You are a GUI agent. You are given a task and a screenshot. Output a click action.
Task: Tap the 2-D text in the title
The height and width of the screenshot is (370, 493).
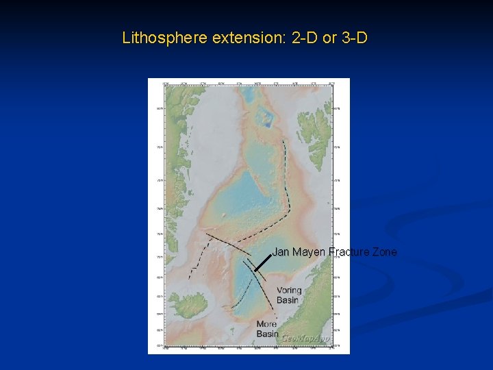305,38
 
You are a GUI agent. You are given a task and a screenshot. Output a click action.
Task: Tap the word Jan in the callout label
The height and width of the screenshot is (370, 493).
281,252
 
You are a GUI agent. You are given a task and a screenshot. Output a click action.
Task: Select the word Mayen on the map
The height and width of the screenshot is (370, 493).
308,252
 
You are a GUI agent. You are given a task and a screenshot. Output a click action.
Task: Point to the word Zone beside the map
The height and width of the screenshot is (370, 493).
383,252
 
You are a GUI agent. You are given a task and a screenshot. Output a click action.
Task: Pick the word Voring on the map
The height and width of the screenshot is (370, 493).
289,291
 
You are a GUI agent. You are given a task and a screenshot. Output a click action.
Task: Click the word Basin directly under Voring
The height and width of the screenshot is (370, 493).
288,299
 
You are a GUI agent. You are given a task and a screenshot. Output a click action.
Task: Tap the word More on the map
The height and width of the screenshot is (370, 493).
267,324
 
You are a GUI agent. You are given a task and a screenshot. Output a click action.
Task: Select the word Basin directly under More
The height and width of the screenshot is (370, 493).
268,334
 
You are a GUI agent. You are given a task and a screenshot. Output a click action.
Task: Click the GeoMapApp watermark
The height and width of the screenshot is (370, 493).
305,338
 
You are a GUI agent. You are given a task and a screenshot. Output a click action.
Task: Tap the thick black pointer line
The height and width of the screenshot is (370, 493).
264,262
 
